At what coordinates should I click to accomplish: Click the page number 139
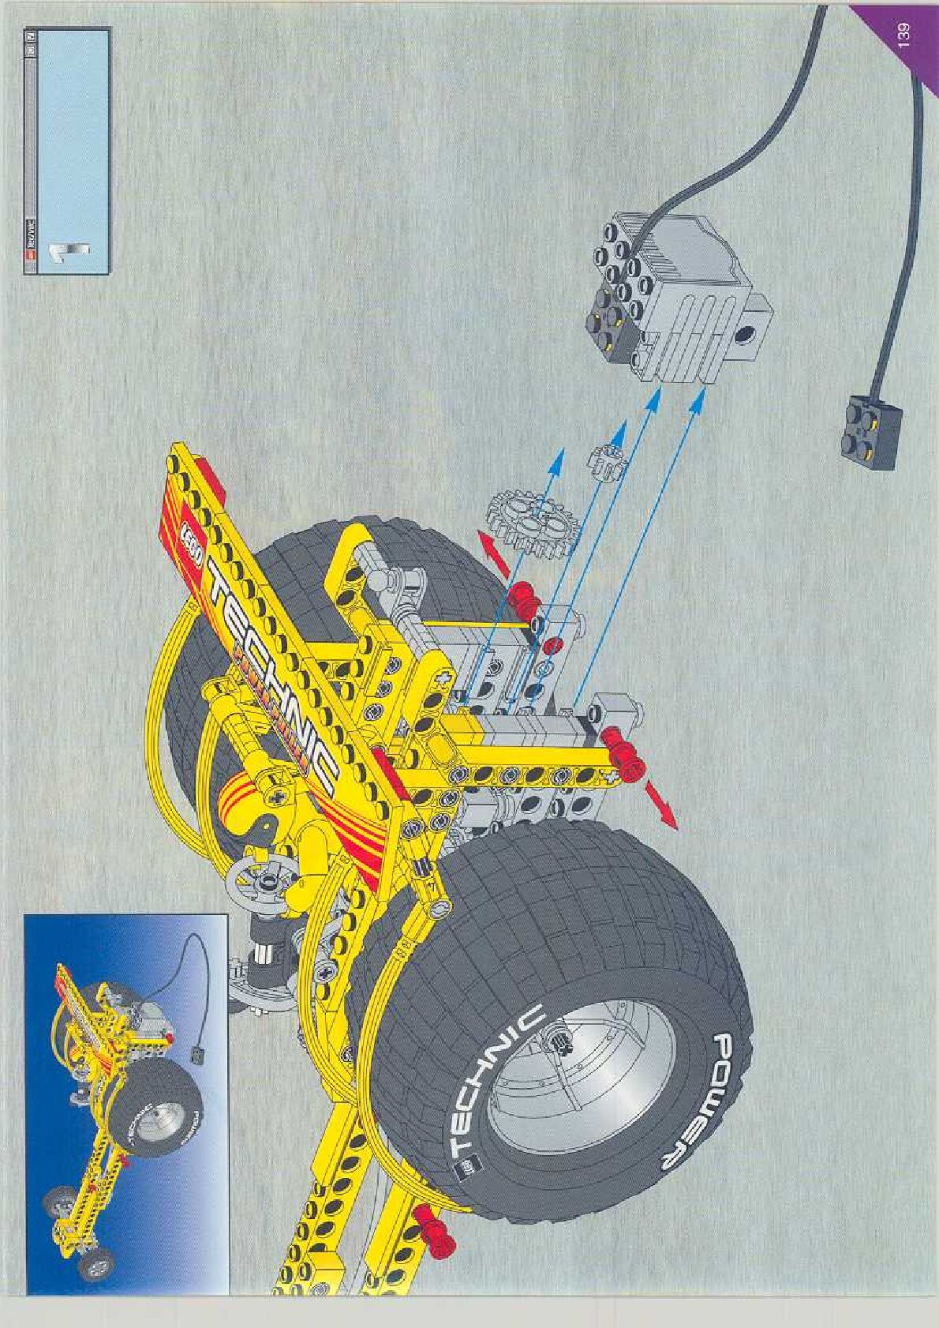point(904,36)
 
